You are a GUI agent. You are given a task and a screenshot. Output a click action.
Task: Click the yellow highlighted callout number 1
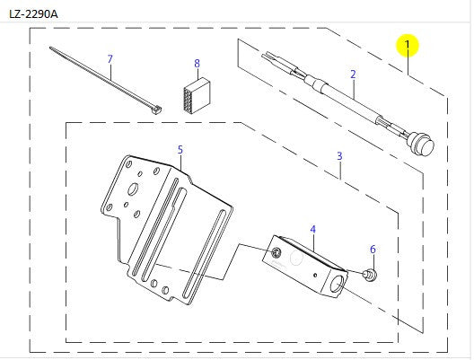(407, 44)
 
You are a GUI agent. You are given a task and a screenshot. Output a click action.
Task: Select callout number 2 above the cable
(353, 74)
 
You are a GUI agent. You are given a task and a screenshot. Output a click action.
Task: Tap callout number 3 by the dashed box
(339, 156)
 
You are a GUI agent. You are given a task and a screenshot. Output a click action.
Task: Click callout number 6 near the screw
(110, 59)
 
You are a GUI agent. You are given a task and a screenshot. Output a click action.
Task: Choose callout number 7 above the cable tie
(197, 64)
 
